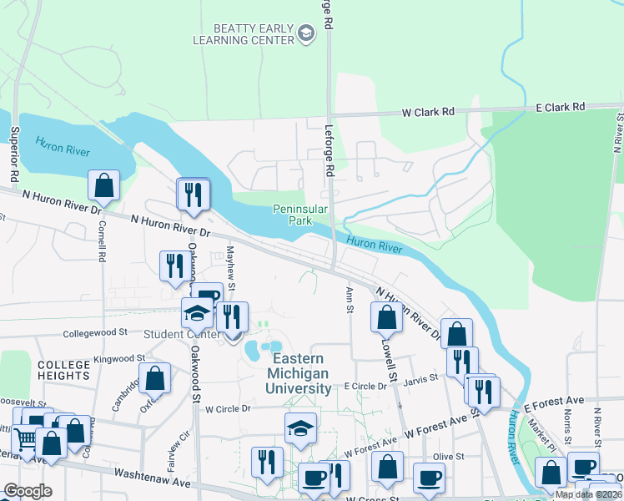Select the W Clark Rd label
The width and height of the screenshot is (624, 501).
coord(429,111)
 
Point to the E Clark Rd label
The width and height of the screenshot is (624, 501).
coord(561,107)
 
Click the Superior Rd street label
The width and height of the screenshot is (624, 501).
coord(14,154)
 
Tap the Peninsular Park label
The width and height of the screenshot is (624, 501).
coord(292,215)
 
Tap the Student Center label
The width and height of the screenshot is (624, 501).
coord(181,335)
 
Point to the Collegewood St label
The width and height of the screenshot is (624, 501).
coord(96,331)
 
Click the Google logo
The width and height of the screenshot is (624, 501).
coord(28,491)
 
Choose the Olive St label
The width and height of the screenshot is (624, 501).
coord(447,456)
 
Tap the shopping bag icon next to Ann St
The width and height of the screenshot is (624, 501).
coord(385,318)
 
